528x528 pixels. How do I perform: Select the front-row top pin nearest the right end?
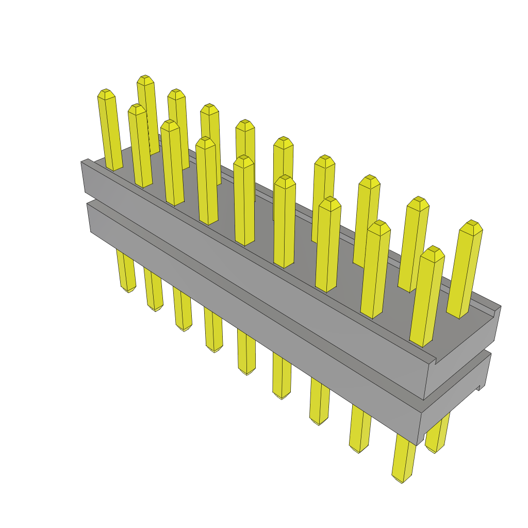(426, 299)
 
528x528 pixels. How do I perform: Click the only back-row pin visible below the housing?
(437, 436)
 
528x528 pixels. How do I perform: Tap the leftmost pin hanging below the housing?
(126, 271)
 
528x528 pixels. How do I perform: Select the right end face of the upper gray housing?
(461, 361)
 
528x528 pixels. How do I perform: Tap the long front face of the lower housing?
(247, 309)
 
